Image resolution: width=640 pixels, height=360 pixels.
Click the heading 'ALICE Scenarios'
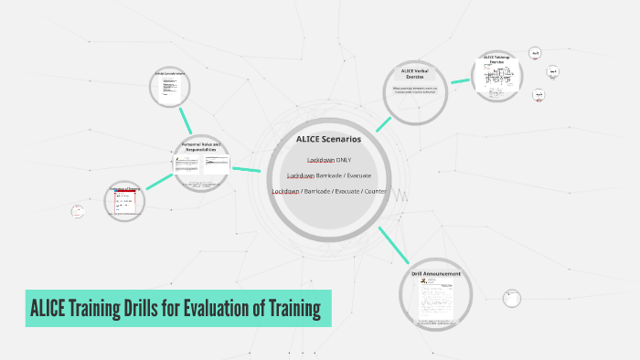[328, 139]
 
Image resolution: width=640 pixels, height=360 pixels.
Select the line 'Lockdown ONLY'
[328, 160]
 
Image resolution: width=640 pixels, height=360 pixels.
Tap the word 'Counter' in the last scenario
[375, 191]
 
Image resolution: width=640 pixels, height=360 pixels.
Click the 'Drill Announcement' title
[436, 273]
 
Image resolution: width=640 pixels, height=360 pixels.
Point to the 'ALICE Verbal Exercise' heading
[415, 74]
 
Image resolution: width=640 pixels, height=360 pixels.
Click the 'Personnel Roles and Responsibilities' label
[201, 147]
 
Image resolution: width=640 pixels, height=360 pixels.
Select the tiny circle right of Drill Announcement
[509, 296]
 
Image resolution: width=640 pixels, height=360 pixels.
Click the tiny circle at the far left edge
[78, 212]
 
